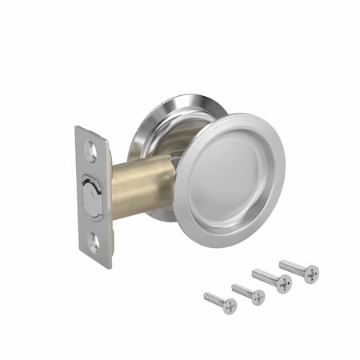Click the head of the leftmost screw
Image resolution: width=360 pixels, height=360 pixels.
tap(230, 306)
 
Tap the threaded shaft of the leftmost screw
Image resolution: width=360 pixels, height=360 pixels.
tap(214, 299)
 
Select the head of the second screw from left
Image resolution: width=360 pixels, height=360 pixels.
tap(258, 297)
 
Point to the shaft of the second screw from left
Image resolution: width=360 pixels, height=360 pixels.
tap(242, 290)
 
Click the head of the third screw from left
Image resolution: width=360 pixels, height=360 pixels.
tap(283, 284)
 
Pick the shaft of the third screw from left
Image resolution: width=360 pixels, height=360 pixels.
tap(265, 277)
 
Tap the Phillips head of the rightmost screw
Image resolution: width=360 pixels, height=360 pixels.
tap(310, 274)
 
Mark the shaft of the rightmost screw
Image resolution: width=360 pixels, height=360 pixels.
tap(291, 266)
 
